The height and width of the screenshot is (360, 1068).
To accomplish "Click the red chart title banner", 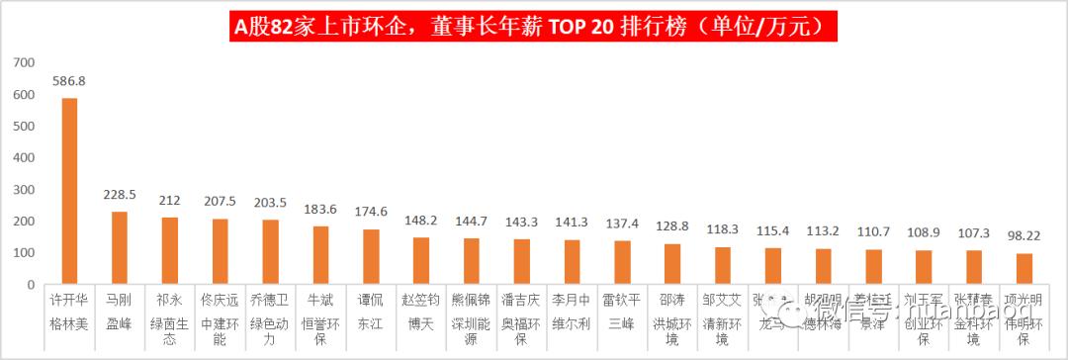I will pos(534,27).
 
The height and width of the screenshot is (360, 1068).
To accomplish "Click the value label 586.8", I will pos(69,82).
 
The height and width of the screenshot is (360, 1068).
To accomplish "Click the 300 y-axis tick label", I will pos(25,190).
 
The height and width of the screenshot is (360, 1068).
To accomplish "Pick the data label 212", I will pos(169,200).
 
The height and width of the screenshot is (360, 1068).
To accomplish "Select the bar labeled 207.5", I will pos(220,251).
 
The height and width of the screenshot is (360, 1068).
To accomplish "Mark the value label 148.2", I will pos(421,221).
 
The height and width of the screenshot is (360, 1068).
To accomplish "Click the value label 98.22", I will pos(1024,236).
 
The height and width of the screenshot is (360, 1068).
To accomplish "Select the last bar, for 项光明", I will pos(1024,269).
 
